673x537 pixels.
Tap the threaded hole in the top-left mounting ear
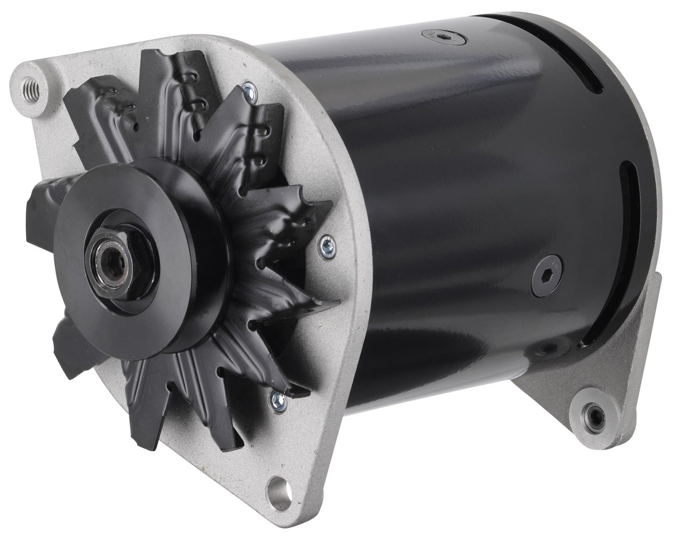click(x=34, y=86)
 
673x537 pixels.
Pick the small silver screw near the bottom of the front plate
click(x=276, y=396)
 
